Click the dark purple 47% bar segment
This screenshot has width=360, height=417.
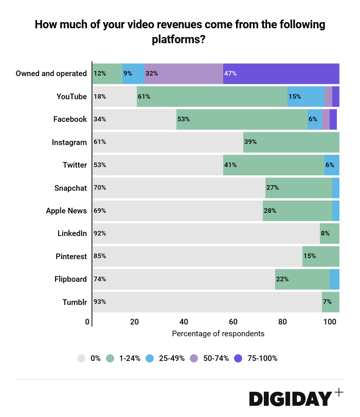[x=281, y=74]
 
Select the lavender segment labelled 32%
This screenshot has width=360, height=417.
[x=184, y=74]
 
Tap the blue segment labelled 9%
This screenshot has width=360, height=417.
[x=133, y=74]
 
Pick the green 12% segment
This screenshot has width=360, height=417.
[x=107, y=74]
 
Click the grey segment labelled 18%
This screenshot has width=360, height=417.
[x=114, y=97]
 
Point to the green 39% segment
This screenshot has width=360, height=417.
[x=291, y=142]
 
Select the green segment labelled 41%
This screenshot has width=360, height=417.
[x=274, y=165]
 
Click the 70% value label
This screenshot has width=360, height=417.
[x=100, y=188]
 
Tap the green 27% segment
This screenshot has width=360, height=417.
[x=298, y=188]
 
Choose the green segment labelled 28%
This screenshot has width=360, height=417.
[x=297, y=210]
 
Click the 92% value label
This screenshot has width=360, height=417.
[x=100, y=233]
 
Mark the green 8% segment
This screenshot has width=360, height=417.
[x=329, y=233]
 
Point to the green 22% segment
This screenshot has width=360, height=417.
[x=302, y=279]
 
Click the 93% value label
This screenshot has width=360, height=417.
[x=100, y=302]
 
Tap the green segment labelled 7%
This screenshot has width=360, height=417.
[x=330, y=302]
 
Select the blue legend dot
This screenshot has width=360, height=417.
[x=150, y=358]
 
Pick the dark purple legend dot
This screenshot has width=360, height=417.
[x=238, y=358]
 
